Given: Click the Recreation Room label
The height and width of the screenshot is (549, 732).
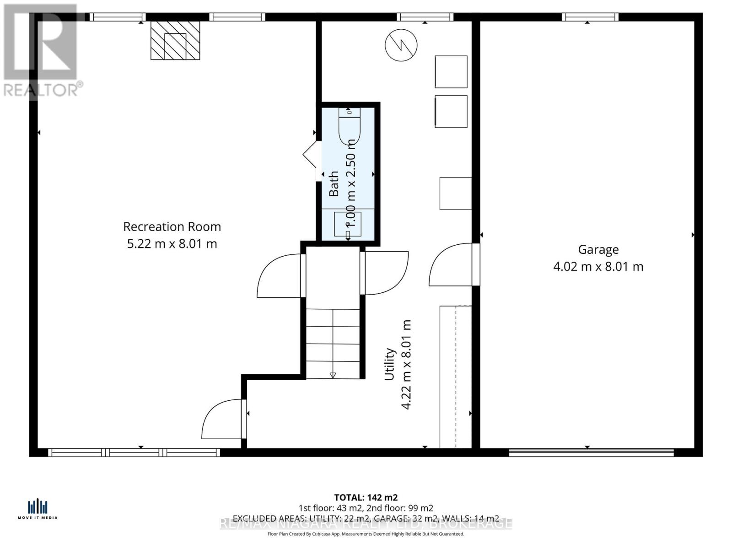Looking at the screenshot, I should [172, 227].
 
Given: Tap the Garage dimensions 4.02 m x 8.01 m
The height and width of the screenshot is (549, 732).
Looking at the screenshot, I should [598, 267].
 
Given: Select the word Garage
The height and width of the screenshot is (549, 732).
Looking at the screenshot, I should [598, 250].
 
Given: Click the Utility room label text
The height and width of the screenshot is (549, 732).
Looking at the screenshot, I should [389, 364].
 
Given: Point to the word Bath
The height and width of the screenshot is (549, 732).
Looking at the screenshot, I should [334, 183].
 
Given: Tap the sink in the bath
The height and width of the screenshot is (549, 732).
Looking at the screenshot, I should [348, 224].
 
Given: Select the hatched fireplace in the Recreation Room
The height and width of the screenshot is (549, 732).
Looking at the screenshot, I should [175, 40].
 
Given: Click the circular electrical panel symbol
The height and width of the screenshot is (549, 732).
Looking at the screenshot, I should [401, 45].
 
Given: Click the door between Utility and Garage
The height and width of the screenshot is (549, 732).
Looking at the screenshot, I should [453, 265].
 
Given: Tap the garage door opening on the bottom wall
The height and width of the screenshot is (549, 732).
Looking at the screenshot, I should [591, 452].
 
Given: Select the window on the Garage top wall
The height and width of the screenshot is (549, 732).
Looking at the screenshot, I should [590, 17].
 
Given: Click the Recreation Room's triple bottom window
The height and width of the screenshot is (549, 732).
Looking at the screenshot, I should [134, 452].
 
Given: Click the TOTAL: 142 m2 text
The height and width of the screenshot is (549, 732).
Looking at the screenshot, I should [366, 497].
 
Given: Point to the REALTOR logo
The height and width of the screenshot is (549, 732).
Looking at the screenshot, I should [41, 50].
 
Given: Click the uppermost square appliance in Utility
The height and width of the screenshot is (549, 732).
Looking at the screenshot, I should [451, 71].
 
